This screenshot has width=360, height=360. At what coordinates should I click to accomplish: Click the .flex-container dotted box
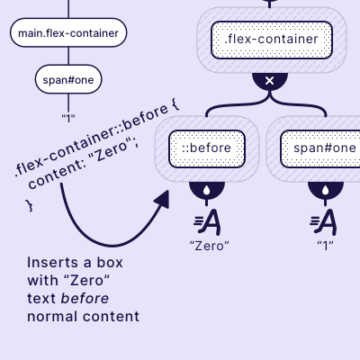(271, 40)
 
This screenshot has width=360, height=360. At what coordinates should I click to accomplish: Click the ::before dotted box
(207, 148)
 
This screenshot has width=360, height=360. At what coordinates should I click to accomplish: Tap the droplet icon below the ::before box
(207, 191)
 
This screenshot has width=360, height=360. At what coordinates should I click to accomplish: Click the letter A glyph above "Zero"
(208, 221)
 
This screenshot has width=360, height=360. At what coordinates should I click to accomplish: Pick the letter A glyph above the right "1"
(326, 221)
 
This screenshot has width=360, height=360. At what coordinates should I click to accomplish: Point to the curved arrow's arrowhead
(163, 199)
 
